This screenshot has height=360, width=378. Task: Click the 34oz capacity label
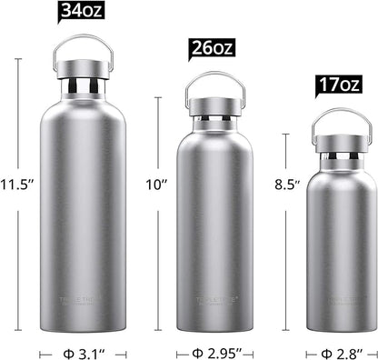[x=82, y=12]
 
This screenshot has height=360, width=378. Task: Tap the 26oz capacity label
[x=213, y=49]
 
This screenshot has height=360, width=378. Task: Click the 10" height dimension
[x=157, y=185]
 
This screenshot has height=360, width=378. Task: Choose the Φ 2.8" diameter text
[x=341, y=348]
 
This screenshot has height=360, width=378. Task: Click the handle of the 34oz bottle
[x=83, y=41]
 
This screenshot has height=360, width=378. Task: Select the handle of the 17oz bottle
[x=341, y=115]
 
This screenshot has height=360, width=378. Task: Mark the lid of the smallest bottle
[x=341, y=140]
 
